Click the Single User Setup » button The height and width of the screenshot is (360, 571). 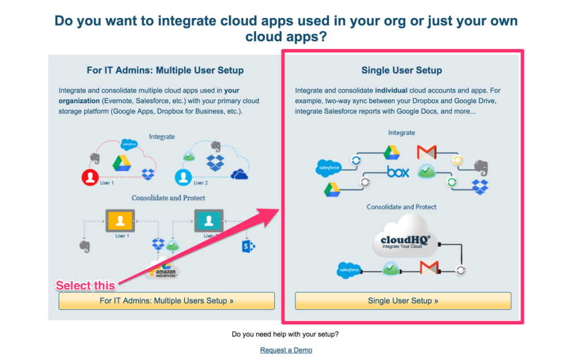(403, 301)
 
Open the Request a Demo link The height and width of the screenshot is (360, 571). (286, 350)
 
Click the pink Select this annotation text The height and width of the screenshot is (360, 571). (85, 286)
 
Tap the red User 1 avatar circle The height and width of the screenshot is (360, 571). (90, 178)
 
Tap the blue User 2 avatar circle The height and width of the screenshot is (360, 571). (183, 178)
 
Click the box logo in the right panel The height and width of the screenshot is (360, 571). (398, 172)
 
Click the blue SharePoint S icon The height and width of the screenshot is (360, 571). (248, 245)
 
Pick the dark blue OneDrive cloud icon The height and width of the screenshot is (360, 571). (239, 174)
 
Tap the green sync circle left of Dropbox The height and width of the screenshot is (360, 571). (452, 182)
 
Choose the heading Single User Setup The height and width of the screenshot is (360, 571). (401, 70)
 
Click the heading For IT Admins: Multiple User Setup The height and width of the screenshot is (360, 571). (165, 70)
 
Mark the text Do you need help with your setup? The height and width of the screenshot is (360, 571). (285, 334)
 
